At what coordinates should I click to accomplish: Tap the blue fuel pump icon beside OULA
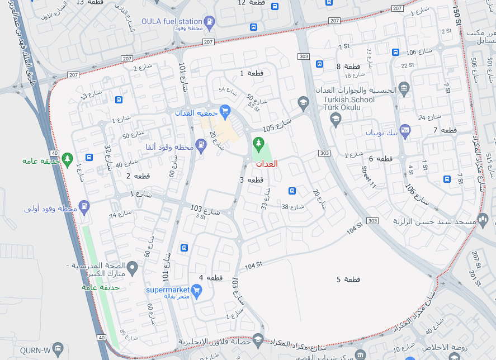pyautogui.click(x=210, y=22)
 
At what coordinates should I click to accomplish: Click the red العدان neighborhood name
pyautogui.click(x=266, y=164)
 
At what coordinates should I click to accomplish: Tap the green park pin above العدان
pyautogui.click(x=258, y=144)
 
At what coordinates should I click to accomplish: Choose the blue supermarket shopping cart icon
pyautogui.click(x=196, y=290)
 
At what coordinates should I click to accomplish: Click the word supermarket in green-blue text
pyautogui.click(x=168, y=290)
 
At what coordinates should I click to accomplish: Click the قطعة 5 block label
pyautogui.click(x=348, y=279)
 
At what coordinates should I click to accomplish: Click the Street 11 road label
pyautogui.click(x=369, y=177)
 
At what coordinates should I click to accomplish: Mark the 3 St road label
pyautogui.click(x=200, y=216)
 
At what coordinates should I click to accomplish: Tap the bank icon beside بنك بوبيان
pyautogui.click(x=406, y=130)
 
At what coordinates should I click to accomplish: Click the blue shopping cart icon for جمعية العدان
pyautogui.click(x=225, y=110)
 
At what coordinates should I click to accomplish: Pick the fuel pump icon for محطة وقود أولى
pyautogui.click(x=84, y=206)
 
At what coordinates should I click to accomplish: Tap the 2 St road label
pyautogui.click(x=446, y=31)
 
